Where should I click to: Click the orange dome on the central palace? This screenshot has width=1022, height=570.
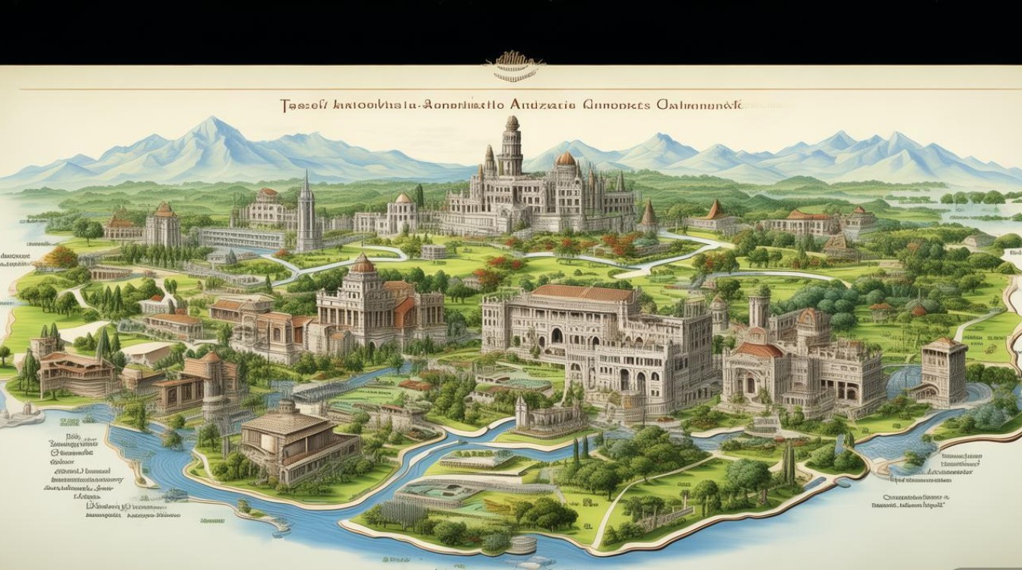pyautogui.click(x=566, y=159)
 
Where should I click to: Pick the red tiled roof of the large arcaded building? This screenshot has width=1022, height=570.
pyautogui.click(x=583, y=293)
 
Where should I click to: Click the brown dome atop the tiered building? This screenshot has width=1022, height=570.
pyautogui.click(x=363, y=264)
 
